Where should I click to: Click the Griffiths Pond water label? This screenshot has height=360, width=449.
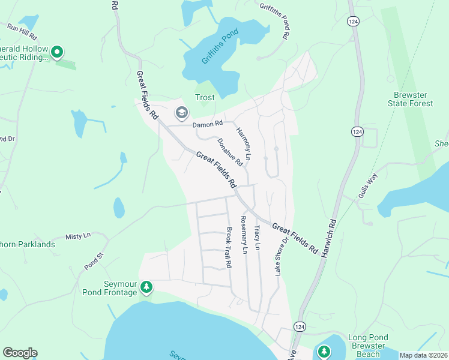220,49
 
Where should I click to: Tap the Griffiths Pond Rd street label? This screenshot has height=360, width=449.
274,19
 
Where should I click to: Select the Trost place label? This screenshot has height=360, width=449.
205,98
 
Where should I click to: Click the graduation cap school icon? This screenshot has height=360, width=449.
181,112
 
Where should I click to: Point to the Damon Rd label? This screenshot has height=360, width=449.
207,124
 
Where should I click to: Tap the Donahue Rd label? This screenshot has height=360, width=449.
229,152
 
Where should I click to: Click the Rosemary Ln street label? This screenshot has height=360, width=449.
244,233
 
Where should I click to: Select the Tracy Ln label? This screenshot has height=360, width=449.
257,238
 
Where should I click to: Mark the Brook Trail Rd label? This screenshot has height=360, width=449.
228,247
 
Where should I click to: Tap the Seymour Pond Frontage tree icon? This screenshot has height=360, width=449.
146,289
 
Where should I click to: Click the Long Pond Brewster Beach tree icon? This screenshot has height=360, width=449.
324,350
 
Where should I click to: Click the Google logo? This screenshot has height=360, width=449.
20,353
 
